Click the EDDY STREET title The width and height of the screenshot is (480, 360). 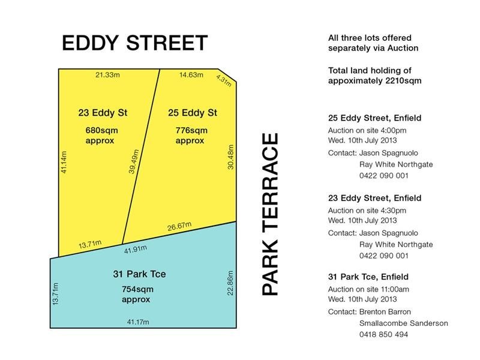tap(135, 43)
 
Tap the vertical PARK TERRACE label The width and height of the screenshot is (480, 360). tap(271, 214)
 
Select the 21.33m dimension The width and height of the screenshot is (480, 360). tap(107, 75)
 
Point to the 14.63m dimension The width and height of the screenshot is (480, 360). tap(191, 75)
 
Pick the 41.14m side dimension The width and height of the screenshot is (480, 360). tap(64, 162)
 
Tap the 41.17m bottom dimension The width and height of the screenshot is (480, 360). tap(137, 322)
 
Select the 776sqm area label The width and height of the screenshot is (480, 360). tap(191, 130)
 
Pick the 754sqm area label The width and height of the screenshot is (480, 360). tap(137, 289)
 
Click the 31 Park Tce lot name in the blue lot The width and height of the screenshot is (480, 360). tap(139, 274)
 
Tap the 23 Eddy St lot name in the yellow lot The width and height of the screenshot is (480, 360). tap(103, 113)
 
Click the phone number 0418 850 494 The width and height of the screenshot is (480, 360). tap(383, 334)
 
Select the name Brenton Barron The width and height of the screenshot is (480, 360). tap(386, 312)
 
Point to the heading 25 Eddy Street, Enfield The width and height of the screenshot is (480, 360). tap(374, 118)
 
